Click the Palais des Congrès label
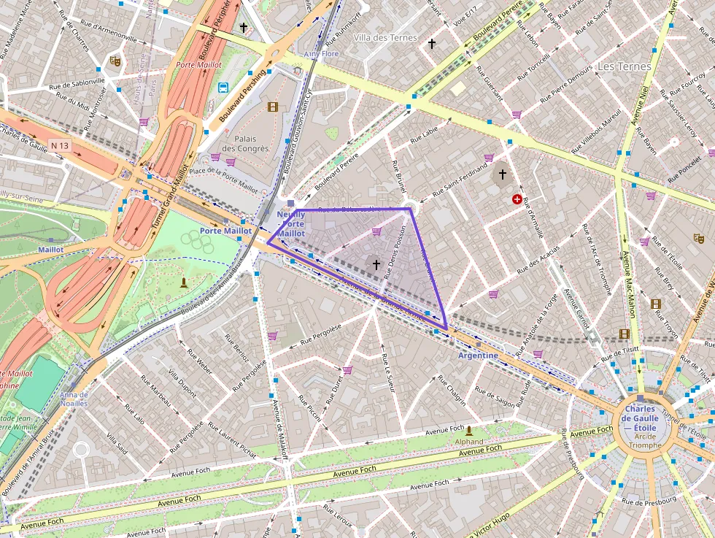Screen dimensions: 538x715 [x=247, y=143]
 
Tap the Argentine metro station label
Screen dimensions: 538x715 [x=478, y=356]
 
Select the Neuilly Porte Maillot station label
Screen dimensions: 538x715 [x=291, y=223]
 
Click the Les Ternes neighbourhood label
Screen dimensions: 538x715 [x=624, y=66]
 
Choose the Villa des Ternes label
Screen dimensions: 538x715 [x=385, y=38]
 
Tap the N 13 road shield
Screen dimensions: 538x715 [x=61, y=146]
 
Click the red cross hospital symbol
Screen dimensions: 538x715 [x=517, y=199]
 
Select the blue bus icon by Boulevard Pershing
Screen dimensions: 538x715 [x=223, y=88]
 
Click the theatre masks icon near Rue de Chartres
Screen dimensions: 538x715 [x=115, y=61]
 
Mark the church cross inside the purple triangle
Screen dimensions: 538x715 [x=376, y=264]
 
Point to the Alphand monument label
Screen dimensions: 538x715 [x=468, y=442]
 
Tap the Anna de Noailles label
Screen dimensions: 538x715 [x=74, y=399]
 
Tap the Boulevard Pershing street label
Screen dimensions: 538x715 [x=243, y=96]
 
